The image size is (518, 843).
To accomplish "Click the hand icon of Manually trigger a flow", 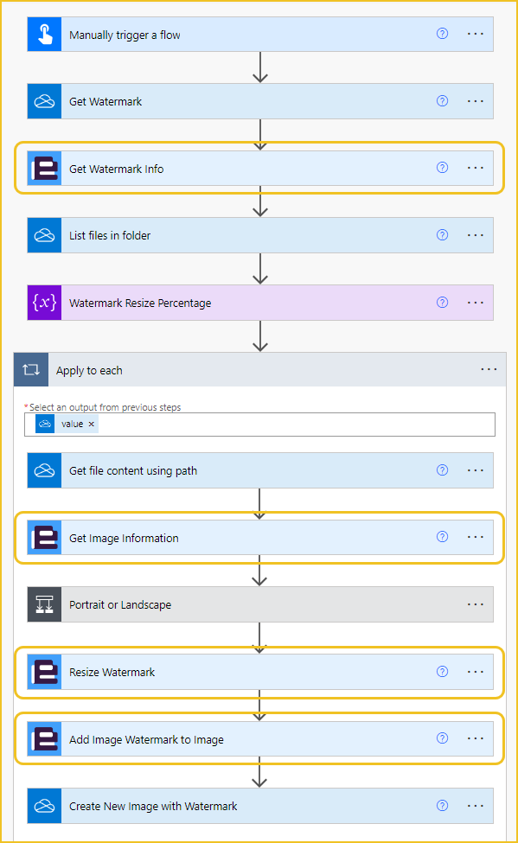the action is [x=45, y=35].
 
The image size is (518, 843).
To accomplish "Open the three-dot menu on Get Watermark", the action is [x=476, y=101].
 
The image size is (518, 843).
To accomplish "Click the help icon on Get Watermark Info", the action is [x=442, y=168].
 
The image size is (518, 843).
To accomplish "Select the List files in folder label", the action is [x=110, y=235].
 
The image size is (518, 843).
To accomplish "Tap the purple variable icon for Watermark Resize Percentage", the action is [x=45, y=303].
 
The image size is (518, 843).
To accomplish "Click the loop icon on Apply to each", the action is [x=31, y=369].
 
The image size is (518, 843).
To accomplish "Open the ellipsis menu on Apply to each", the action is [x=489, y=369].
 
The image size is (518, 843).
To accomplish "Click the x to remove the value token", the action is [x=92, y=425].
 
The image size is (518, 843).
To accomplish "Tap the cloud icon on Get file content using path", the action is [x=45, y=470].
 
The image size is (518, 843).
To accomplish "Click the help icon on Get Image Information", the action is [x=442, y=537].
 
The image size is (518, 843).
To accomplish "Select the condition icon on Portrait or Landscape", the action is [x=45, y=604].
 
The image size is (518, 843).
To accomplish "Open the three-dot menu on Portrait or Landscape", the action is [x=476, y=604].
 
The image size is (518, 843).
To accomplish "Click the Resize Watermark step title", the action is [x=112, y=672].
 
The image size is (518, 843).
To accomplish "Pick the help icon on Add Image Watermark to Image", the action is [x=442, y=738].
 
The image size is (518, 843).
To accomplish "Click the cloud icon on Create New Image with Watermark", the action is [x=45, y=806].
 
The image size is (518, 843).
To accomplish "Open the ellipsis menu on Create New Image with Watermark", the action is [x=476, y=806].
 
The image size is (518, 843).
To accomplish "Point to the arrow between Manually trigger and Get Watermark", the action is [x=260, y=67].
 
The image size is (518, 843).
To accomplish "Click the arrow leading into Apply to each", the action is [x=260, y=336].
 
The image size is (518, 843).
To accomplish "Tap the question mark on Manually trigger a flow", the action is [x=442, y=34].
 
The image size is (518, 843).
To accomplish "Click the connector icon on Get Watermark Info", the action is [x=45, y=169].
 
